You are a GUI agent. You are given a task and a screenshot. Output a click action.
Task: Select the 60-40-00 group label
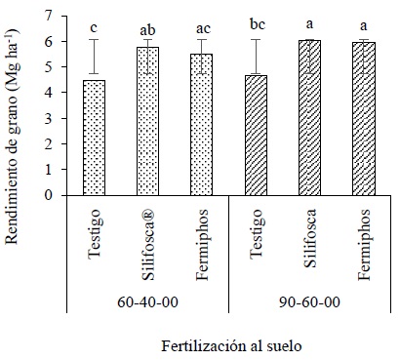point(146,301)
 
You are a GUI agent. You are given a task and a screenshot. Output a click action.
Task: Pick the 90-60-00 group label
point(309,301)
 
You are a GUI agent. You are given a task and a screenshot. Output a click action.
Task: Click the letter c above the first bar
point(95,27)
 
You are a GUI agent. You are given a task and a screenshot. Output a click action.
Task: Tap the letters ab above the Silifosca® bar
point(147,29)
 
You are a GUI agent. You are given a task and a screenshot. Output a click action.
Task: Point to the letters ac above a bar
point(200,28)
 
